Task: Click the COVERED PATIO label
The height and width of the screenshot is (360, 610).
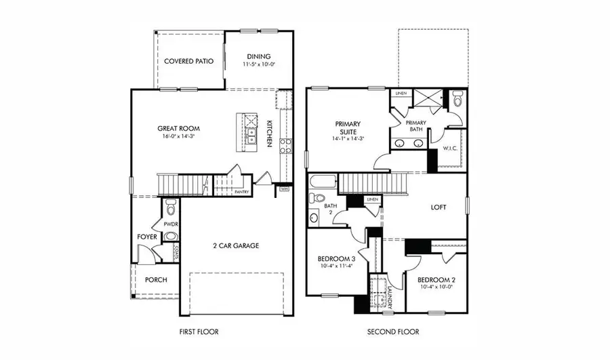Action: coord(188,61)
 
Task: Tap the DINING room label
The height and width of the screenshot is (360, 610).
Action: coord(258,56)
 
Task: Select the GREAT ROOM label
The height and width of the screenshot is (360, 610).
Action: coord(178,128)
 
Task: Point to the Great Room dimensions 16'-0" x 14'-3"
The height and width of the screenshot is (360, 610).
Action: coord(178,136)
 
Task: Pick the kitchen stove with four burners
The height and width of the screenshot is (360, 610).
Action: coord(285,145)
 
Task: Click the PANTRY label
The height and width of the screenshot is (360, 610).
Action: coord(242,192)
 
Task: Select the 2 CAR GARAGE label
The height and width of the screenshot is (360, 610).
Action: coord(236,245)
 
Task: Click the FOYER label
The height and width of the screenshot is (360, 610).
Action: coord(147,237)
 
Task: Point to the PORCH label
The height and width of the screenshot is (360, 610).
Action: coord(157,279)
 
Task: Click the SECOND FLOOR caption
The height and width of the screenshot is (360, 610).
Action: coord(393,332)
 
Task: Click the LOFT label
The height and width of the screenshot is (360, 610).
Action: coord(438,207)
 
